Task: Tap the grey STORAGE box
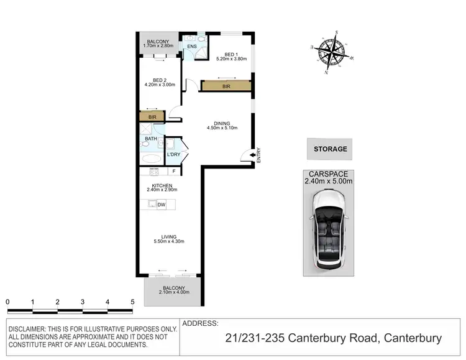(329, 149)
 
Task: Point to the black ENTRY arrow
(253, 155)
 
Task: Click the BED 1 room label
(231, 57)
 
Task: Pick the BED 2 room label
(164, 82)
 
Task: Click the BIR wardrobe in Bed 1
(227, 86)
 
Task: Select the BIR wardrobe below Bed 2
(152, 116)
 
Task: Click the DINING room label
(222, 126)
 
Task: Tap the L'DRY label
(173, 154)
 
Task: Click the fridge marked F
(174, 172)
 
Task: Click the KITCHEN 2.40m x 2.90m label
(162, 187)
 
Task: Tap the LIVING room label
(168, 239)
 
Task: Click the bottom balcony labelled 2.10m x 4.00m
(173, 291)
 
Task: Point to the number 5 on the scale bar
(132, 302)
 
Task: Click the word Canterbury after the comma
(413, 339)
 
